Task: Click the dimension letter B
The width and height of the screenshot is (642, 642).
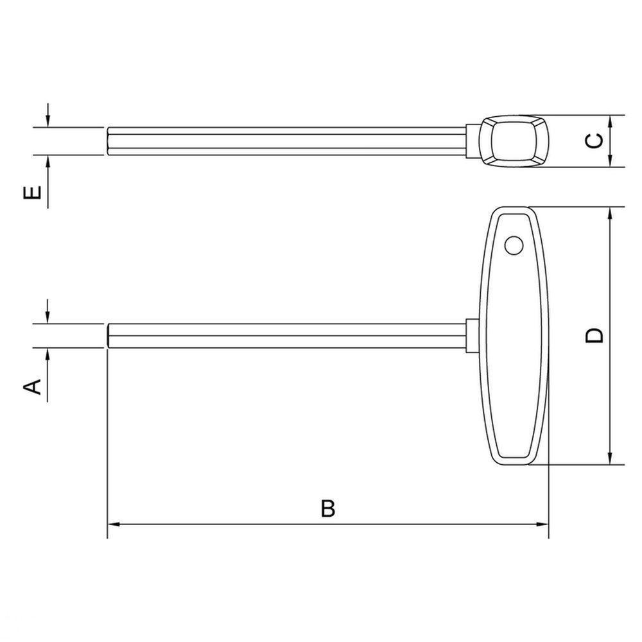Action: click(x=328, y=508)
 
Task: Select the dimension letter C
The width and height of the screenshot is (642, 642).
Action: click(x=596, y=141)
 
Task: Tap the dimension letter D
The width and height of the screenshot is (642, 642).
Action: click(x=595, y=335)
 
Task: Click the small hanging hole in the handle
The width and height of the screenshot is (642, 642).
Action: click(x=513, y=245)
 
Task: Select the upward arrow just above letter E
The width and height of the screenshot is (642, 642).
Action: click(x=48, y=162)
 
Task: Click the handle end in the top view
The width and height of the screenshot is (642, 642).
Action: click(x=513, y=141)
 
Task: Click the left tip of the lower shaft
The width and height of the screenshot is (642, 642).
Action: click(x=108, y=336)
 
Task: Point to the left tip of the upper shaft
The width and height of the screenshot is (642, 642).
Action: click(x=108, y=141)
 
